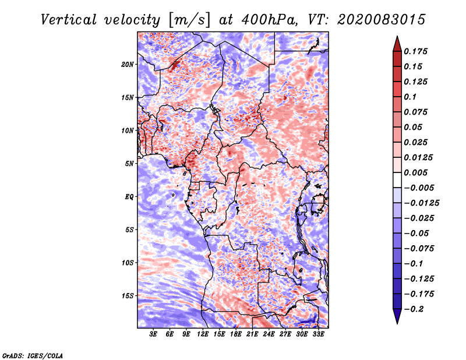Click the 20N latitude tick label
[x=128, y=64]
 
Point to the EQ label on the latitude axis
[x=129, y=197]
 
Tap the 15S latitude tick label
[x=128, y=296]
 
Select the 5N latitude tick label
[x=129, y=164]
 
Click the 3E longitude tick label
[x=153, y=334]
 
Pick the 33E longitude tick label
[x=318, y=334]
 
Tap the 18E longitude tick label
[x=236, y=334]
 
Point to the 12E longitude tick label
[x=203, y=334]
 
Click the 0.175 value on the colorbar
[x=415, y=51]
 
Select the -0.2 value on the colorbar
[x=414, y=309]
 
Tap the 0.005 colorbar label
[x=415, y=172]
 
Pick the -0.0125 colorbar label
[x=421, y=203]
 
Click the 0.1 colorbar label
[x=410, y=97]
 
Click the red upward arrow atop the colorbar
[x=397, y=44]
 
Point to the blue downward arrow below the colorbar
[x=397, y=316]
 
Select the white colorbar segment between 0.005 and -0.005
[x=397, y=180]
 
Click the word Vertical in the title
[x=68, y=20]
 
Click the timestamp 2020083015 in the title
[x=381, y=20]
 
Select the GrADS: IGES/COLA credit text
[x=33, y=356]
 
